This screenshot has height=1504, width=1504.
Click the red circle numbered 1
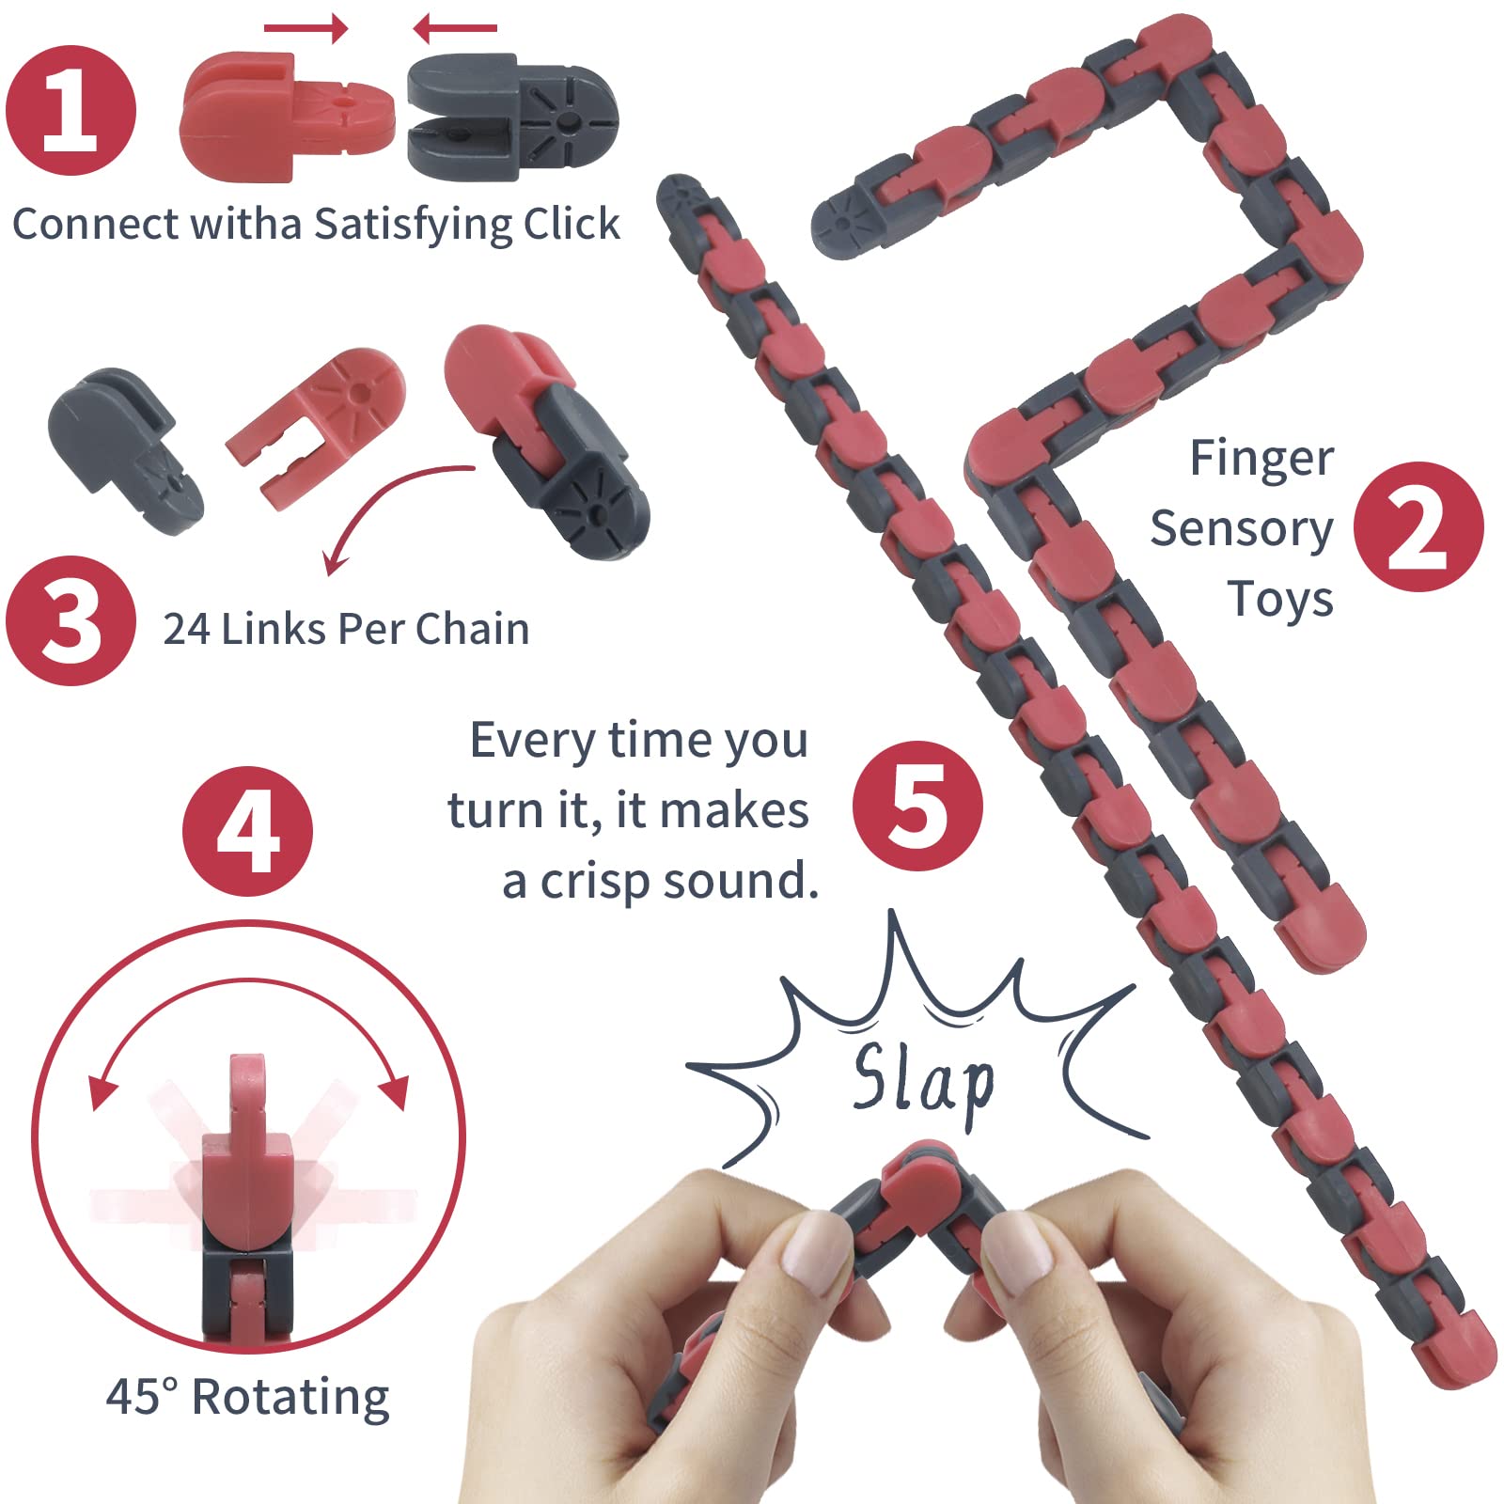tap(71, 111)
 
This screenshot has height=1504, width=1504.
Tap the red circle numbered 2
tap(1418, 526)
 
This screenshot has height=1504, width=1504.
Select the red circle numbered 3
tap(71, 620)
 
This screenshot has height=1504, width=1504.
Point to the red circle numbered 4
tap(247, 831)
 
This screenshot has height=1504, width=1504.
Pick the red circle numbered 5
tap(917, 806)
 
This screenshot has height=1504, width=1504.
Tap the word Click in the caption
tap(572, 224)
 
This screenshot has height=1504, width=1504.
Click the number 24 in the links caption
tap(186, 629)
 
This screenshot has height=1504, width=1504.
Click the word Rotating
tap(290, 1398)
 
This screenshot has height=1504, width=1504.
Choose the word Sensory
tap(1242, 529)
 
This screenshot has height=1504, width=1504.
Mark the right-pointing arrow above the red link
tap(305, 28)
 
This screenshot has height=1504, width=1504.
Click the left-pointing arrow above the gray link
tap(455, 28)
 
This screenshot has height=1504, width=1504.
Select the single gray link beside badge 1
tap(513, 117)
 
